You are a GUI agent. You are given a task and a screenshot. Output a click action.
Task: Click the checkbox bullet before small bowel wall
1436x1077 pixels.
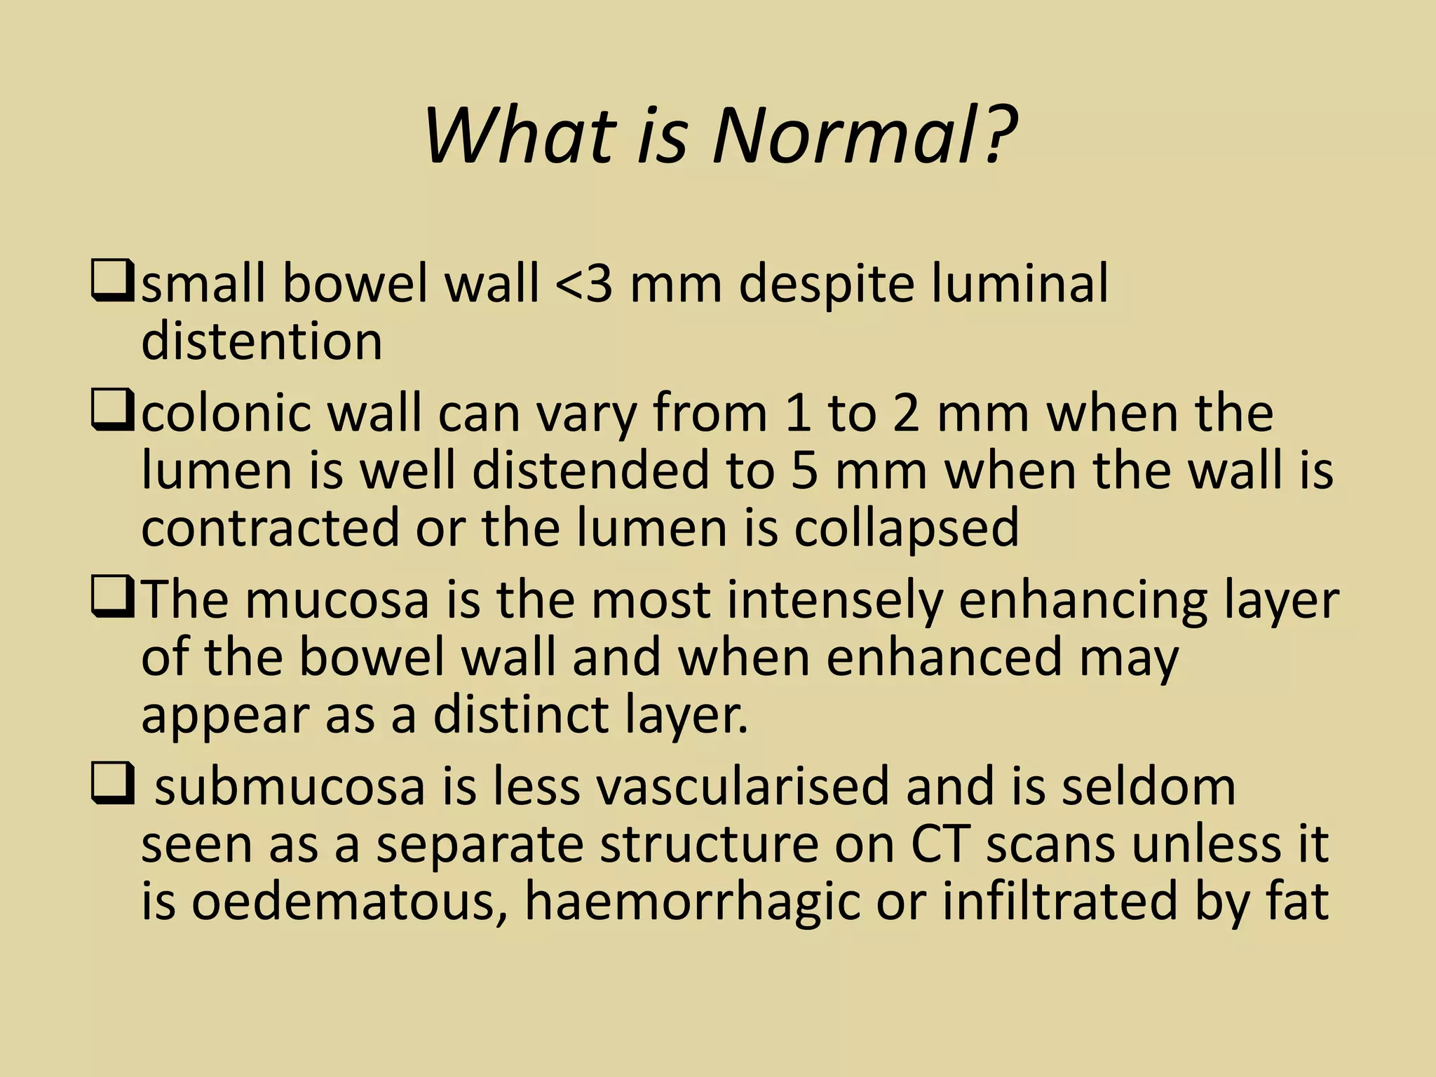(x=111, y=281)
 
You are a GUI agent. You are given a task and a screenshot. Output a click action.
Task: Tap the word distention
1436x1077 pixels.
(x=262, y=341)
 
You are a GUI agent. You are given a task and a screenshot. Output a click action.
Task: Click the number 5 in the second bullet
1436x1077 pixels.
(x=804, y=471)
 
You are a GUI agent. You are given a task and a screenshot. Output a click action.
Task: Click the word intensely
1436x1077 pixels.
(x=834, y=602)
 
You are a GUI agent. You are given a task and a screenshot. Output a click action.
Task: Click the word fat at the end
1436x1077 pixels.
(x=1297, y=903)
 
